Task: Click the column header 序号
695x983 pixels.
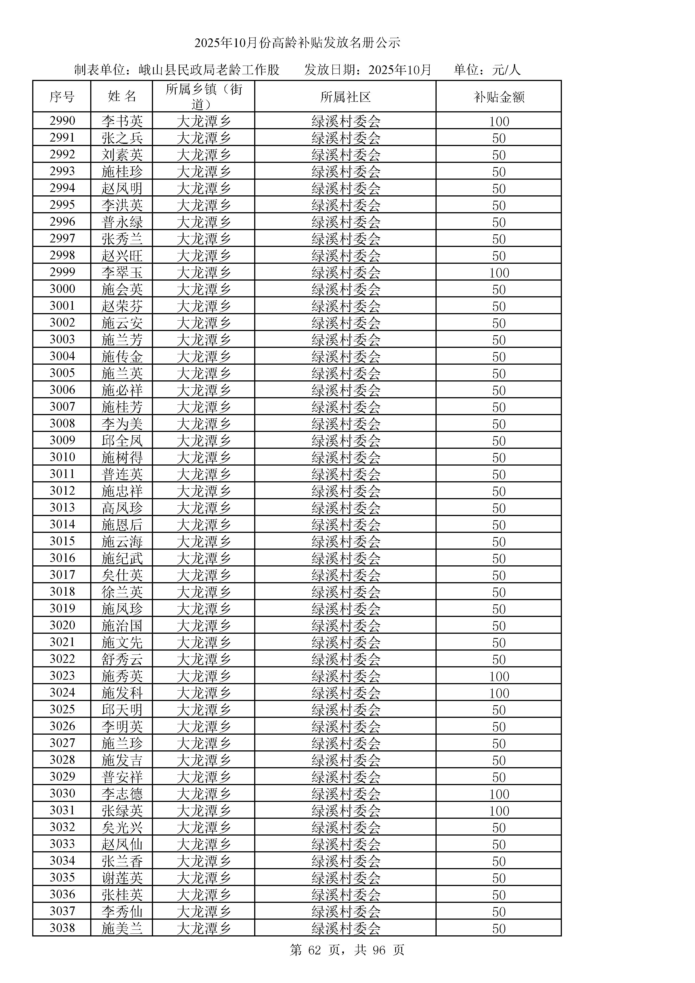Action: tap(62, 97)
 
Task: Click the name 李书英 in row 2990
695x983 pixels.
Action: tap(122, 121)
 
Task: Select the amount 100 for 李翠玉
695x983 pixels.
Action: tap(499, 273)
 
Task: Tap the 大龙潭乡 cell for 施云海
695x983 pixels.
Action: tap(204, 542)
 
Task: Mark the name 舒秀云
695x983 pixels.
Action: tap(122, 659)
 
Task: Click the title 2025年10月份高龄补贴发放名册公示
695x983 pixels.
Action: tap(297, 43)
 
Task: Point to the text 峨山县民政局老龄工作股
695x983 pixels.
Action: tap(209, 70)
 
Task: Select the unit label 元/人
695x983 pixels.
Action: tap(506, 70)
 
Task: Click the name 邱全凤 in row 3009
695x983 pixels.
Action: tap(122, 441)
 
